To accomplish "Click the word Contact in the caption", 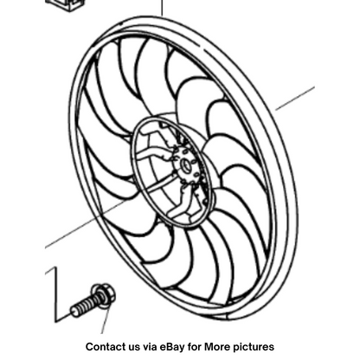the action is (105, 346).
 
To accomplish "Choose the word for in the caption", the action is (194, 346).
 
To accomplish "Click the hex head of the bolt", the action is (102, 292).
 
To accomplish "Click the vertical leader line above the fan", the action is (162, 8).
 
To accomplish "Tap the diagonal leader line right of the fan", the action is (295, 99).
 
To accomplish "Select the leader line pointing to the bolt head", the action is (106, 318).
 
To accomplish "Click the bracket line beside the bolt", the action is (55, 294).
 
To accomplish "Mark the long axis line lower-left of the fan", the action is (87, 224).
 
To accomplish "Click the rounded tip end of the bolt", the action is (74, 312).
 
